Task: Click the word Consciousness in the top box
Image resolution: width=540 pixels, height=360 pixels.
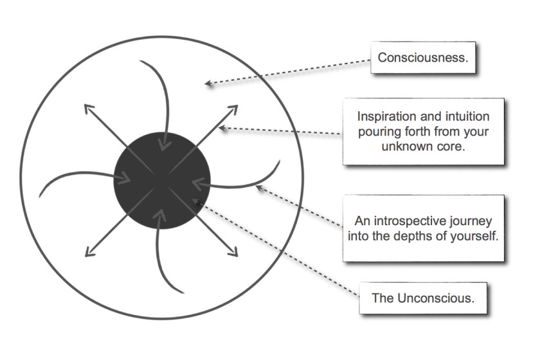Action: (x=422, y=57)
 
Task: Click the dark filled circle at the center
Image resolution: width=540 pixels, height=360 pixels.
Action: (x=162, y=180)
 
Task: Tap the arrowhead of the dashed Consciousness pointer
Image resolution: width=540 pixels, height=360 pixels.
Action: (x=207, y=83)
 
